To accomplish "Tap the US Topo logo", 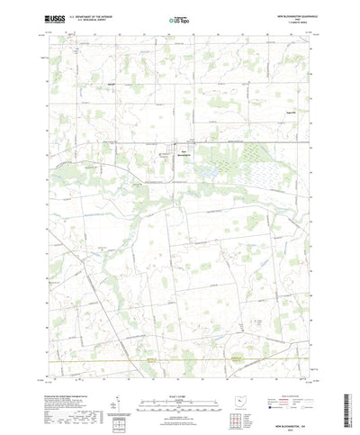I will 179,18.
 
